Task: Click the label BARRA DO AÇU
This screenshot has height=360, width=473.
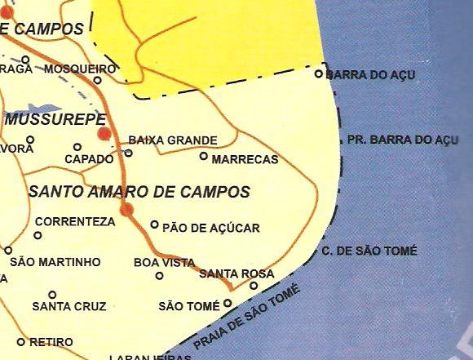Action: coord(371,75)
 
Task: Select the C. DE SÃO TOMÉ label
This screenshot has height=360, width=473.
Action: coord(369,251)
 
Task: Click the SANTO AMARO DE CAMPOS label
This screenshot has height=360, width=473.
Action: coord(139,193)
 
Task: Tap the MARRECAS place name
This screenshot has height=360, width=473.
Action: coord(245,160)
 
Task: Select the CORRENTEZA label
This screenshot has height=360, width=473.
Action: coord(75,221)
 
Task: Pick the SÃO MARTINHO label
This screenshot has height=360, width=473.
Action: coord(55,262)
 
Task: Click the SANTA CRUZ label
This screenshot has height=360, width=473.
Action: coord(69,307)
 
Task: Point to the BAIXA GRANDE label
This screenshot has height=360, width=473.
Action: coord(173,140)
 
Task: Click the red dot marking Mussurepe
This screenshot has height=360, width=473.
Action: coord(104,134)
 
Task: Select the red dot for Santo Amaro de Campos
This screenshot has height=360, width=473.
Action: coord(126,211)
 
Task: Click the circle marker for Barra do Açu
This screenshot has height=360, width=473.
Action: coord(320,73)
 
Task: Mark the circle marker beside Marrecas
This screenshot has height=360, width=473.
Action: coord(203,155)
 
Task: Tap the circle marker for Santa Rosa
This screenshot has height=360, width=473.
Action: coord(254,286)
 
